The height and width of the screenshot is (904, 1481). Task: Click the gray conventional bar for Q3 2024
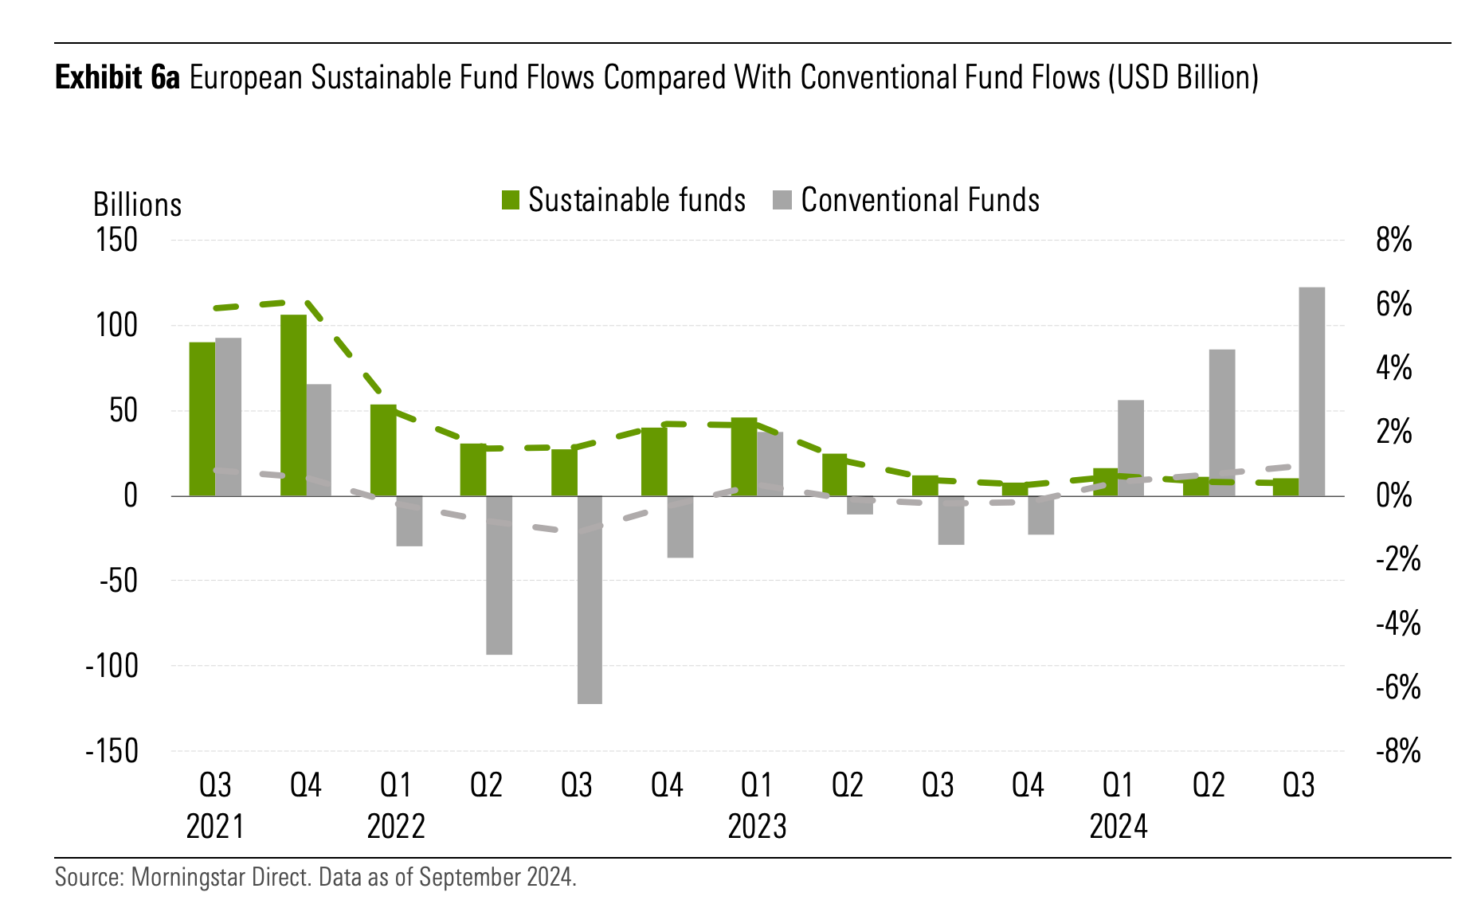tap(1311, 391)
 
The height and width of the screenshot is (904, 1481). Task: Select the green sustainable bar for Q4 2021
tap(293, 405)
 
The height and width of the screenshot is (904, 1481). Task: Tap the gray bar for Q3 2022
tap(590, 600)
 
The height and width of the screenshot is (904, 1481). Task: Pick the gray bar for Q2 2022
tap(499, 575)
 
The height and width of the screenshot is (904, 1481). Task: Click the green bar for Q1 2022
tap(383, 450)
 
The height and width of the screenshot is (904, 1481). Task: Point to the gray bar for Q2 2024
tap(1221, 422)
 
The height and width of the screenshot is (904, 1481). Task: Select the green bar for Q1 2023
tap(744, 456)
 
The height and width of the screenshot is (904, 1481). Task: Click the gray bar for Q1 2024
tap(1130, 448)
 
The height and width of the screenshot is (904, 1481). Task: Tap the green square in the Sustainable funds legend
tap(510, 200)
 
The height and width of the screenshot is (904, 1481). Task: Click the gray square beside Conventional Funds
tap(782, 200)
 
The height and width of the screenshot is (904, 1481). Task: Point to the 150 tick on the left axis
tap(116, 240)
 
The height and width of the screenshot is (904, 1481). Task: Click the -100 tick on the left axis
tap(112, 666)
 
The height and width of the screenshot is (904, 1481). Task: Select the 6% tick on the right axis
tap(1393, 304)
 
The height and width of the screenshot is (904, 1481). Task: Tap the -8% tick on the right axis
tap(1398, 751)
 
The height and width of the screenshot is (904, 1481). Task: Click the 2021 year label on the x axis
tap(215, 826)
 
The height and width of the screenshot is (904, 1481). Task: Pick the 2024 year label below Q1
tap(1119, 826)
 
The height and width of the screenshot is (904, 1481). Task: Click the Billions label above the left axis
tap(137, 205)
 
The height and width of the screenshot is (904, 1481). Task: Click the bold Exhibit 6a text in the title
tap(118, 78)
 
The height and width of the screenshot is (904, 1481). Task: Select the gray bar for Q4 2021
tap(319, 440)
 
